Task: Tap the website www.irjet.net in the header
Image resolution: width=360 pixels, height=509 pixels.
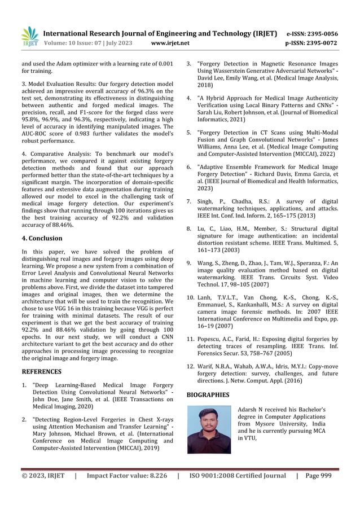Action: coord(171,43)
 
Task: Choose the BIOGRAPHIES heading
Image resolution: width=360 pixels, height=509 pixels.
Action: coord(208,395)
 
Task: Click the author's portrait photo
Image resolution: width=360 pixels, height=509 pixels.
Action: coord(209,429)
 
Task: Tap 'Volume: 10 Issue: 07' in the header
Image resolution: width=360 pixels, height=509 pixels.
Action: coord(74,43)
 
